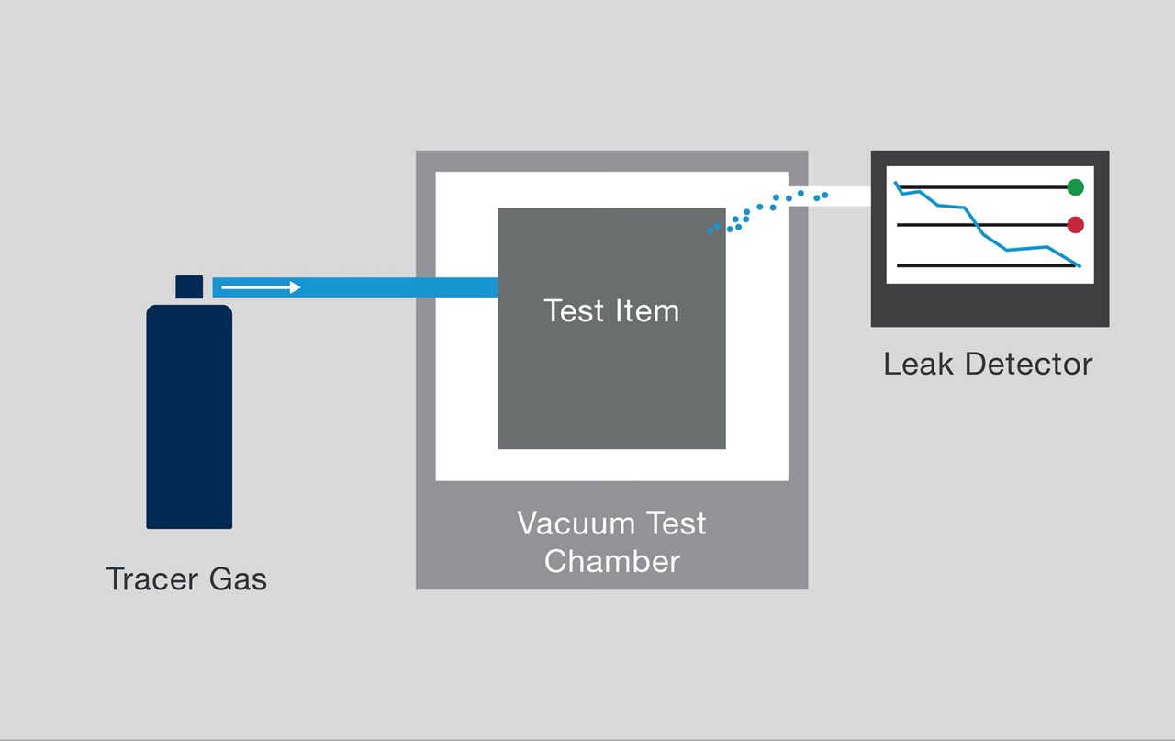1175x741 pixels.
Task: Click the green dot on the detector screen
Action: (x=1075, y=187)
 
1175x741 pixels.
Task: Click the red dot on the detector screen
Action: (x=1075, y=224)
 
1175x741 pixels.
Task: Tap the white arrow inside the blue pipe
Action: (x=262, y=287)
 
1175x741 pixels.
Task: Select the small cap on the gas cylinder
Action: (x=189, y=286)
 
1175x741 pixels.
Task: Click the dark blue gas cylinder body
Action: (x=189, y=418)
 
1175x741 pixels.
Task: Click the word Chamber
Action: (x=611, y=561)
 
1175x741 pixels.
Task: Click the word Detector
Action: (x=1025, y=364)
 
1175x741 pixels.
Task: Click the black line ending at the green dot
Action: (x=1001, y=187)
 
